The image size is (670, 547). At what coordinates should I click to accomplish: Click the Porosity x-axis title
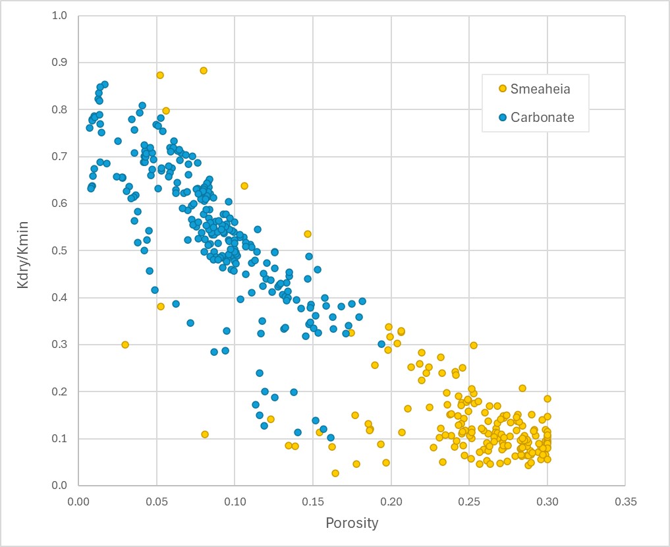(352, 523)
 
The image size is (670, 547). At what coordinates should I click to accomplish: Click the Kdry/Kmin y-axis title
(24, 250)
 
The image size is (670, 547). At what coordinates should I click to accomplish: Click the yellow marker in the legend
(502, 88)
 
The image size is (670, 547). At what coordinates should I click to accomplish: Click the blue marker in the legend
(502, 117)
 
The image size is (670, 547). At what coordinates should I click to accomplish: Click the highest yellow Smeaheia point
(204, 71)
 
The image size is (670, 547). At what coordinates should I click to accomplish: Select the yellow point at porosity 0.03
(125, 345)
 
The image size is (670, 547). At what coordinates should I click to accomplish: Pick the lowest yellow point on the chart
(335, 473)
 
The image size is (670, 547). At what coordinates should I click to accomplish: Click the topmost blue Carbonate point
(105, 84)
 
